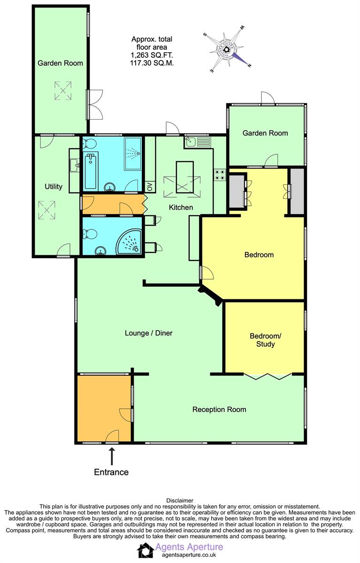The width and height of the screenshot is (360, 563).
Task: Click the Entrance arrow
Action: [x=112, y=456]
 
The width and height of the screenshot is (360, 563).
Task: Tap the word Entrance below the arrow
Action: [x=111, y=472]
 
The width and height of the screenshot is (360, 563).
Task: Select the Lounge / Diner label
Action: [x=149, y=333]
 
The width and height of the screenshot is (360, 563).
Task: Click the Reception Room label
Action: [x=219, y=410]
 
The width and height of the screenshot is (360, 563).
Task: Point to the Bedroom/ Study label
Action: [x=266, y=340]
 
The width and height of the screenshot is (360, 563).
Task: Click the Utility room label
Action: [x=54, y=187]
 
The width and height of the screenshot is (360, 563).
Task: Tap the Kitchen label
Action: [x=181, y=207]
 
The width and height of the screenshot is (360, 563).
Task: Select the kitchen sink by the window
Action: [x=198, y=142]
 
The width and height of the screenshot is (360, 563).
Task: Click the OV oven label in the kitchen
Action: [x=150, y=187]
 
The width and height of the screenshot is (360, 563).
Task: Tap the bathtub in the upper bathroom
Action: [x=91, y=171]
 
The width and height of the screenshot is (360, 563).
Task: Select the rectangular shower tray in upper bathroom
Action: [x=133, y=153]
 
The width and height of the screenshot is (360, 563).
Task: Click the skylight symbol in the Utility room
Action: [x=47, y=210]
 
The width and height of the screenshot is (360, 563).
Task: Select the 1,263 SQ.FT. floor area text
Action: [x=152, y=55]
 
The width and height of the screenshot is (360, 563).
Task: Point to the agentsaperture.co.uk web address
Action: [x=189, y=555]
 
